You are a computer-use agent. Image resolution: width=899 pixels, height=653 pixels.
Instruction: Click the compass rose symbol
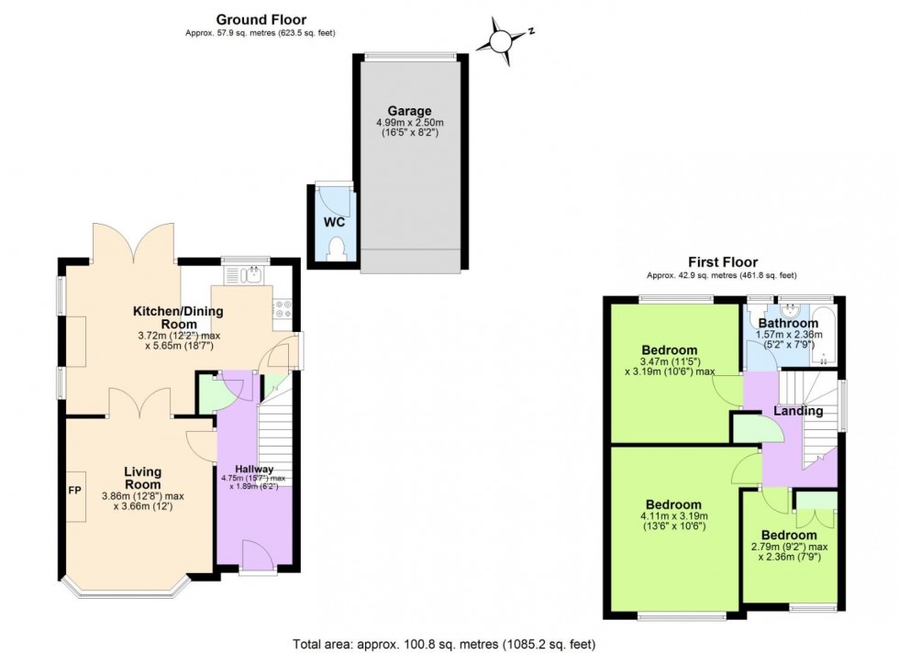[x=502, y=40]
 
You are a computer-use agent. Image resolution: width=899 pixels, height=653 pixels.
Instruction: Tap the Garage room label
[x=408, y=111]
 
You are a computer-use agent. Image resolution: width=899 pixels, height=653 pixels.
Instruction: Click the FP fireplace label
[x=75, y=490]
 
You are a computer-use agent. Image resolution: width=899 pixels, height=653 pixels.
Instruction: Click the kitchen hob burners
[x=283, y=309]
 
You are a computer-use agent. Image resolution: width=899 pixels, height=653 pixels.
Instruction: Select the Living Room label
[x=142, y=477]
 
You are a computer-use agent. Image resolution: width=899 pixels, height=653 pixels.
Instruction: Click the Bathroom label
[x=788, y=323]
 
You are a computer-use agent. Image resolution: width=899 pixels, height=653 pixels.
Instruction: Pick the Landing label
[x=797, y=411]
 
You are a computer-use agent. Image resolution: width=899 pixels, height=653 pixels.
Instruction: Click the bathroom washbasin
[x=789, y=308]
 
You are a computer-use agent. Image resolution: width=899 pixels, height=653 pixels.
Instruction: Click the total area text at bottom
[x=449, y=643]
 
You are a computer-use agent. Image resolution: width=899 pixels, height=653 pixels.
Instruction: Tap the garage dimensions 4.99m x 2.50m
[x=408, y=123]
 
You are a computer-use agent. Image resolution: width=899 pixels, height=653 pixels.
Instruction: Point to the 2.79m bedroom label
[x=788, y=535]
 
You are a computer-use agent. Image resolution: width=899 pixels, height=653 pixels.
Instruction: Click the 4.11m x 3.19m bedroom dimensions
[x=673, y=516]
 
